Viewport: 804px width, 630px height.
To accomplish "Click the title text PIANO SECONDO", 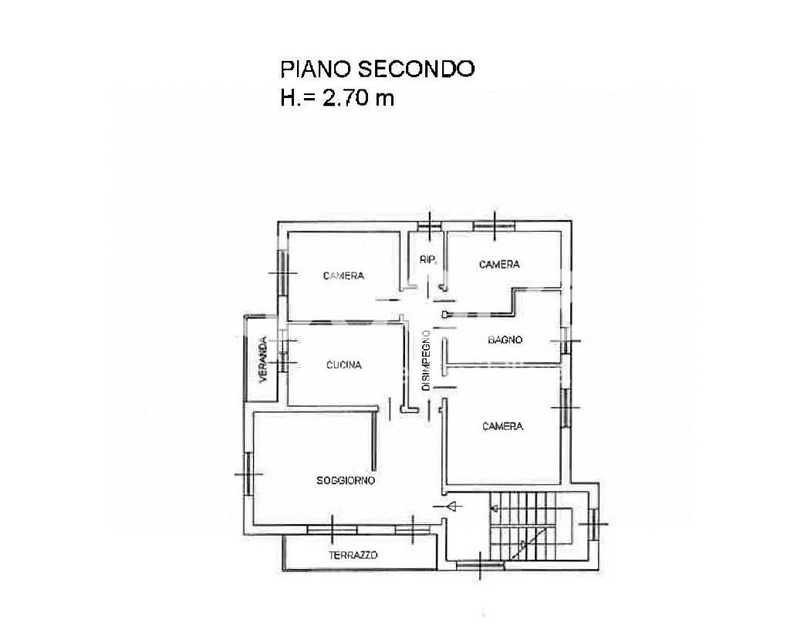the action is [377, 69].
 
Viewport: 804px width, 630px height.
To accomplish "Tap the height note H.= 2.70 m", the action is [337, 97].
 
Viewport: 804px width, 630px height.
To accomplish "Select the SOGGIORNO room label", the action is [346, 481].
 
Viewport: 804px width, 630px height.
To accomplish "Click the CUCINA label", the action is [344, 364].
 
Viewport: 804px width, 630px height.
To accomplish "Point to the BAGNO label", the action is [505, 340].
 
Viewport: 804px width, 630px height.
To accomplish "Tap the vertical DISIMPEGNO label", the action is [426, 360].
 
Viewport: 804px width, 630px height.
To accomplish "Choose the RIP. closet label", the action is [428, 259].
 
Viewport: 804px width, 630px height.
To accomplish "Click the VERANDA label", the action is [264, 360].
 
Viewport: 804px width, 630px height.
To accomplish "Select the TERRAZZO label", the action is [353, 555].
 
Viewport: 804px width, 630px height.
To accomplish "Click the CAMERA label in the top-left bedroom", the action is [343, 276].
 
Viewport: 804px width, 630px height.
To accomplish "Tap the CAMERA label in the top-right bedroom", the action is [499, 264].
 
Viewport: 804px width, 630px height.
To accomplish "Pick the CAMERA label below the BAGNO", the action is [503, 426].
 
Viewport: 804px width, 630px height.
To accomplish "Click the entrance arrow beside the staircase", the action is [448, 507].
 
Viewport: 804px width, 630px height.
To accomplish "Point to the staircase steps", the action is [523, 525].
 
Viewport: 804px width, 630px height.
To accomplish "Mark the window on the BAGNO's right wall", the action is [566, 340].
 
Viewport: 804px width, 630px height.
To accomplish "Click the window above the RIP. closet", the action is [429, 225].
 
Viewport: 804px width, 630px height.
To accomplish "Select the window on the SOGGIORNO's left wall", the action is [248, 473].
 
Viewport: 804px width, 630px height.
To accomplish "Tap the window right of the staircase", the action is [594, 523].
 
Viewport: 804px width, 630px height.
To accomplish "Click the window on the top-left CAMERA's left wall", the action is [282, 273].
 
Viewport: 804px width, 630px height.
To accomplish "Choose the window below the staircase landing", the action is [480, 565].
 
